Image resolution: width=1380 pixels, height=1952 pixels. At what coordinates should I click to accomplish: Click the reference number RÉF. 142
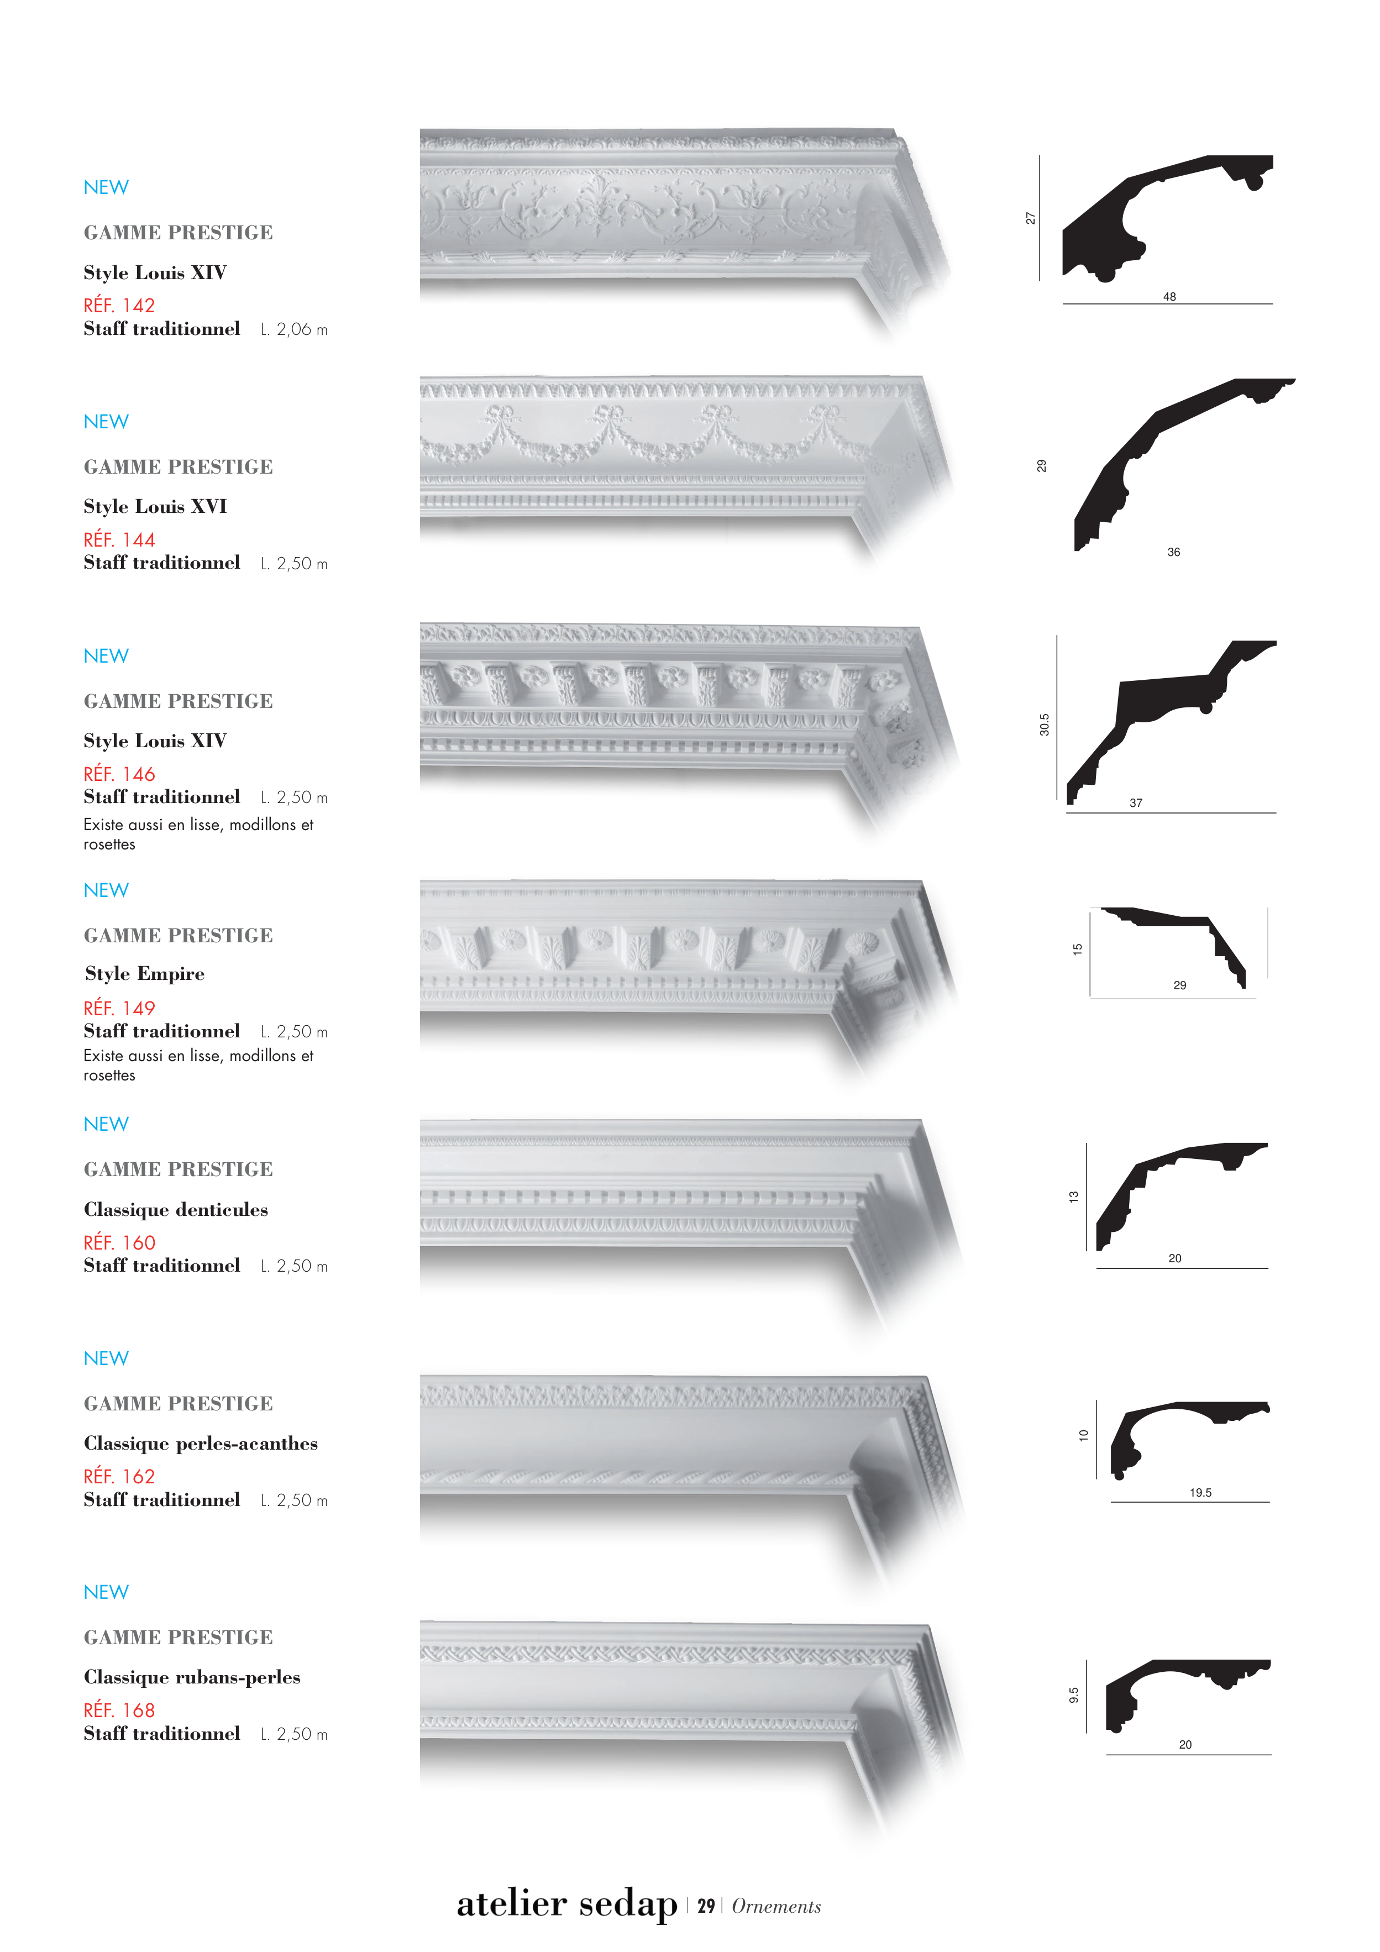(x=119, y=305)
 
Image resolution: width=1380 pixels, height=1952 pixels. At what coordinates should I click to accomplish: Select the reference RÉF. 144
(x=119, y=540)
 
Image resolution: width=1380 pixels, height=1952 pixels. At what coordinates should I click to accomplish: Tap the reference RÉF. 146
(x=119, y=774)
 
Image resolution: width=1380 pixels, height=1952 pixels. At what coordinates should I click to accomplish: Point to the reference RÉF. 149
(x=119, y=1008)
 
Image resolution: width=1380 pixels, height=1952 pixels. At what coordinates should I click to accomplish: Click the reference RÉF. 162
(x=119, y=1477)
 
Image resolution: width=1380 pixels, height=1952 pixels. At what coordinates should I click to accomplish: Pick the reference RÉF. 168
(x=119, y=1710)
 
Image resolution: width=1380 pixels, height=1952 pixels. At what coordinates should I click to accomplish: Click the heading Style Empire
(x=145, y=973)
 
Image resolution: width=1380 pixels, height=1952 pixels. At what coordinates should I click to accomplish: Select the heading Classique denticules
(x=175, y=1209)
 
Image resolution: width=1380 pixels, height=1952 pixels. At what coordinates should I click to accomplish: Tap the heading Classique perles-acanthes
(x=201, y=1443)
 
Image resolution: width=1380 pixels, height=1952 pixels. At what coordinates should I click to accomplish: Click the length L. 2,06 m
(x=294, y=329)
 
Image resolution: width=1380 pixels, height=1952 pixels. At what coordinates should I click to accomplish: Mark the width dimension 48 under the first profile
(x=1169, y=297)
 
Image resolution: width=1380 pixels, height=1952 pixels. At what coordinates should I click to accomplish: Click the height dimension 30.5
(x=1044, y=725)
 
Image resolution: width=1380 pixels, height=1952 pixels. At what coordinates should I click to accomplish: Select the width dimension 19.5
(x=1200, y=1492)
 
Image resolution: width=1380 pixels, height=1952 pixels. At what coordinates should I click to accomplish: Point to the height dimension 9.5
(x=1073, y=1695)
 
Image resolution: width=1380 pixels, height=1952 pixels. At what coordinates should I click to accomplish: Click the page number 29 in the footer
(x=706, y=1906)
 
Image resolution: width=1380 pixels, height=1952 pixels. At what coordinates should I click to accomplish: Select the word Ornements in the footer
(x=776, y=1906)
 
